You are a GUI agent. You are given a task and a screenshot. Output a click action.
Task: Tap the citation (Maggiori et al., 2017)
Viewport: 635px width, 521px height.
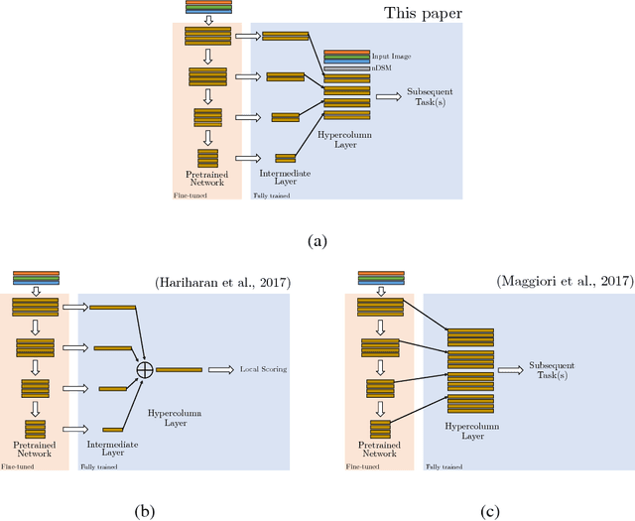565,283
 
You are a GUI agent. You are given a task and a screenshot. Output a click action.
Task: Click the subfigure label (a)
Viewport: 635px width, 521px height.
317,240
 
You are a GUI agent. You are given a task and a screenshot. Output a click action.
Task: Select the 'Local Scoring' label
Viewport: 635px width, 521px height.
262,370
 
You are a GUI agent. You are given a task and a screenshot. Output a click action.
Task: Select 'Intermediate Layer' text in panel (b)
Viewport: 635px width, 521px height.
108,438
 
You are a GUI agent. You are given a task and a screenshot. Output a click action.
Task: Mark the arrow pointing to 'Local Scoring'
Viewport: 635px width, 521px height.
219,370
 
